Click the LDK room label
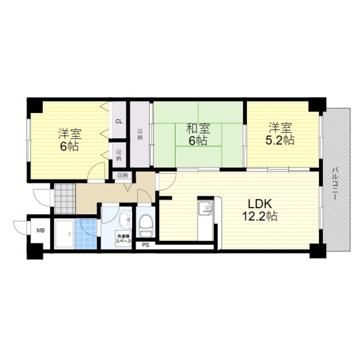point(259,204)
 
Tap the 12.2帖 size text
point(259,216)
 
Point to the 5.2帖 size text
point(280,140)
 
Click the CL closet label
point(119,121)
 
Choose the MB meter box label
point(40,230)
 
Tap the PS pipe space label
point(145,246)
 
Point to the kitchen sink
point(206,208)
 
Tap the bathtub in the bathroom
point(64,234)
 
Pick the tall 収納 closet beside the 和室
point(140,134)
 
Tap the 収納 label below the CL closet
point(119,155)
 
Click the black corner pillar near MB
point(35,252)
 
